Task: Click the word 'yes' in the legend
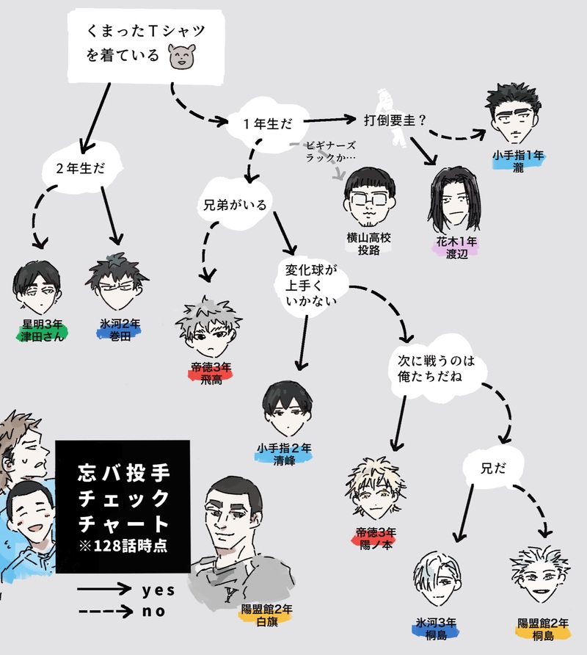(x=158, y=590)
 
